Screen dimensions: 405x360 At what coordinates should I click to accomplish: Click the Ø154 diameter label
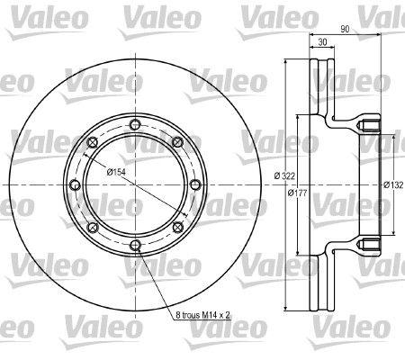click(x=116, y=172)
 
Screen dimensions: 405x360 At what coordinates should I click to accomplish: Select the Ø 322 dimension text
click(x=284, y=175)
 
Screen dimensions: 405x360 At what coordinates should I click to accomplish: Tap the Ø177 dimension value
click(x=297, y=193)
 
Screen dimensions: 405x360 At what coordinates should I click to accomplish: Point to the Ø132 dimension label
click(x=393, y=185)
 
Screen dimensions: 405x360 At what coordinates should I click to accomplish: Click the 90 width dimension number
click(x=345, y=29)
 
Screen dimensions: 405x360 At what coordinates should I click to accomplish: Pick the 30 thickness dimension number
click(x=322, y=42)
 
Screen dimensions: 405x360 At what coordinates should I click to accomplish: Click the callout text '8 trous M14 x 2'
click(x=202, y=315)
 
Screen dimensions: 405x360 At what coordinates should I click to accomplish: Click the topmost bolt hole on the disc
click(x=135, y=124)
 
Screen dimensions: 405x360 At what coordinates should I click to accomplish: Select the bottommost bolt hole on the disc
click(x=135, y=246)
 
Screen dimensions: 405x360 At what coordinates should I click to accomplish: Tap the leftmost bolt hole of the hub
click(x=75, y=184)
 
